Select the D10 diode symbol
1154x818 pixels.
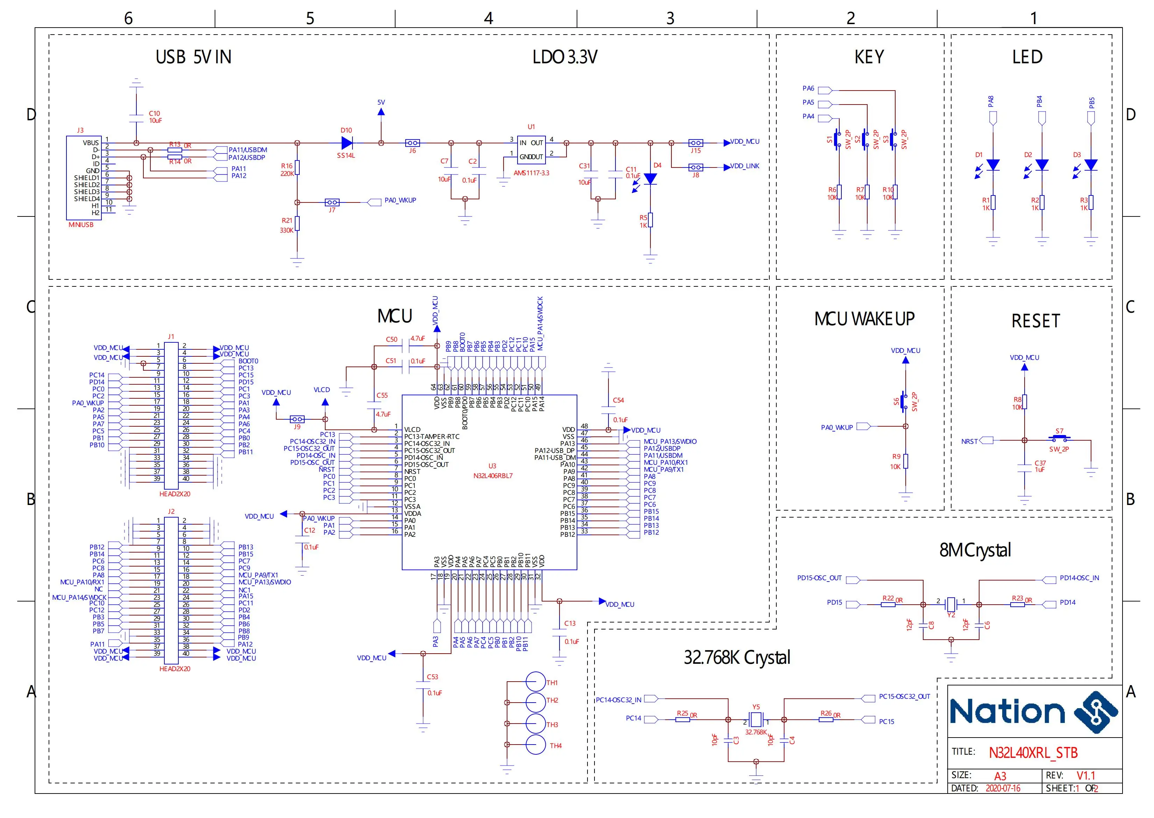tap(347, 143)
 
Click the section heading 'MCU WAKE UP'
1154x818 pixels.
tap(864, 319)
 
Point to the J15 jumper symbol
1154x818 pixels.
tap(695, 143)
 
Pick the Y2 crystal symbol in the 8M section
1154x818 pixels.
tap(950, 603)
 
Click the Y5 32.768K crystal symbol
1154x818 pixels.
tap(756, 719)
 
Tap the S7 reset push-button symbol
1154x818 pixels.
tap(1059, 438)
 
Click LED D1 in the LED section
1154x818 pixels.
tap(993, 165)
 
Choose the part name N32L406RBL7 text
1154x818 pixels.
tap(493, 476)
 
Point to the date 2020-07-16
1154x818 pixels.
tap(1002, 788)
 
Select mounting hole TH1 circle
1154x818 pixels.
tap(535, 682)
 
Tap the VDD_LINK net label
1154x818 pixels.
tap(745, 166)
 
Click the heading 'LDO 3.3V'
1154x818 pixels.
tap(565, 57)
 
